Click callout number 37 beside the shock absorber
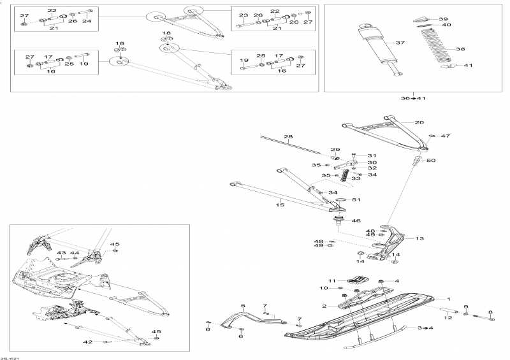[x=400, y=43]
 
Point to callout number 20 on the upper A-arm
[x=419, y=122]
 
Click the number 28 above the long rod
[x=288, y=137]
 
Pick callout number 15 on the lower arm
[x=279, y=205]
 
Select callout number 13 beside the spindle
[x=419, y=238]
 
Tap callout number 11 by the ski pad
[x=331, y=280]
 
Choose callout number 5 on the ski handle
[x=243, y=306]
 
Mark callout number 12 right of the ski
[x=448, y=317]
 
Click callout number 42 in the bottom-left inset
[x=87, y=342]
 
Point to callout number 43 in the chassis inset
[x=61, y=253]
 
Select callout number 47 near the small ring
[x=446, y=136]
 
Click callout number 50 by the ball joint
[x=431, y=161]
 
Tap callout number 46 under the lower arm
[x=356, y=220]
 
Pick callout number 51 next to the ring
[x=356, y=200]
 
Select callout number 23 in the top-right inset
[x=244, y=15]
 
